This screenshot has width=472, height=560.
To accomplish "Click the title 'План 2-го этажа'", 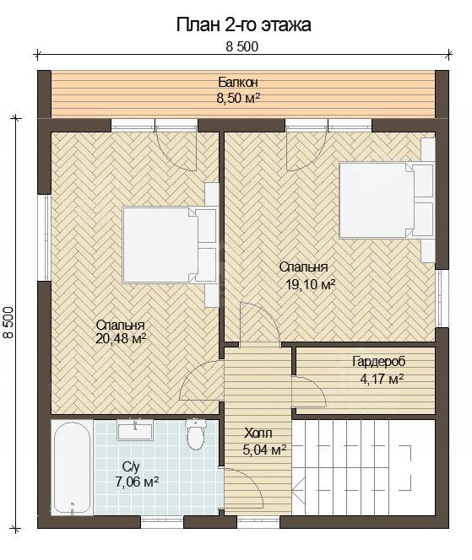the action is [x=243, y=25].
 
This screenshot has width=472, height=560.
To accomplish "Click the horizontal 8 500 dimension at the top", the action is [x=241, y=46].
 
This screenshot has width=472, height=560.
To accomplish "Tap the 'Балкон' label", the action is [x=238, y=83].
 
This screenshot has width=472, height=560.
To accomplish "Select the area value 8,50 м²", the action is [x=238, y=98].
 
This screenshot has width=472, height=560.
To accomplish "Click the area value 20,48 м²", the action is [x=121, y=338].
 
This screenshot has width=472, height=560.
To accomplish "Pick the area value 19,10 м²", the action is [x=311, y=285].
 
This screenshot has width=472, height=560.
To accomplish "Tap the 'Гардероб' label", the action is [x=379, y=362].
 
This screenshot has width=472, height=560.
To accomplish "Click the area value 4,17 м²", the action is [x=382, y=378].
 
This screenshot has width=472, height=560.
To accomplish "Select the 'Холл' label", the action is [x=258, y=433].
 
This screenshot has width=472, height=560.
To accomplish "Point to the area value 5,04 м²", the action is [x=264, y=450].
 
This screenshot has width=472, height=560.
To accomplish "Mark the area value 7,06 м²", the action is [x=137, y=482].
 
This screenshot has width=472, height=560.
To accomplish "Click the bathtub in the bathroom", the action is [x=72, y=467].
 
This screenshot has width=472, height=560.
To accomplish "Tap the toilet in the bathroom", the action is [x=195, y=433].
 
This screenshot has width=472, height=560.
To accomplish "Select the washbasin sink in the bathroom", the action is [x=136, y=429].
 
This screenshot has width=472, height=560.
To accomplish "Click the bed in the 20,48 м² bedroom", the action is [x=170, y=245].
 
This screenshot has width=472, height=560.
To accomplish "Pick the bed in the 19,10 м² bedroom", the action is [x=387, y=200].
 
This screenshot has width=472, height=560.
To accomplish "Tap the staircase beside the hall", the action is [x=364, y=467].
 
